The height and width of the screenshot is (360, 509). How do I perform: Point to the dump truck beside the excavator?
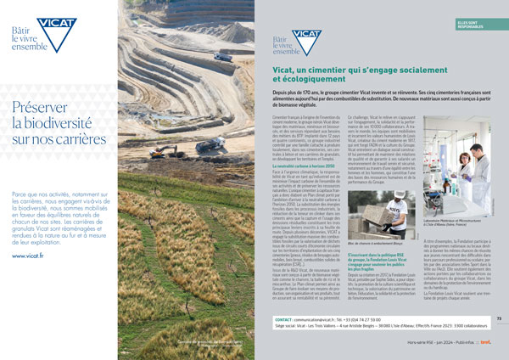coord(209,144)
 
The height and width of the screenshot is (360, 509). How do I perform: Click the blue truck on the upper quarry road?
coord(223,58)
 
